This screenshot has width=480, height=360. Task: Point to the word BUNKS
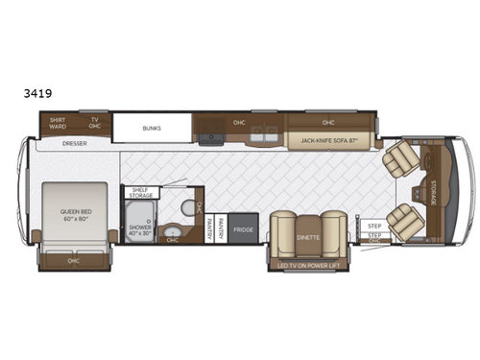tap(151, 127)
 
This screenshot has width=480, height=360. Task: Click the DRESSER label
tap(75, 144)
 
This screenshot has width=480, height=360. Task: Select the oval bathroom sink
tap(174, 232)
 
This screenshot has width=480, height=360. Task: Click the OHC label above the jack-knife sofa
tap(328, 123)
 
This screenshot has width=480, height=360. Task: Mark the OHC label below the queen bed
tap(73, 260)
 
